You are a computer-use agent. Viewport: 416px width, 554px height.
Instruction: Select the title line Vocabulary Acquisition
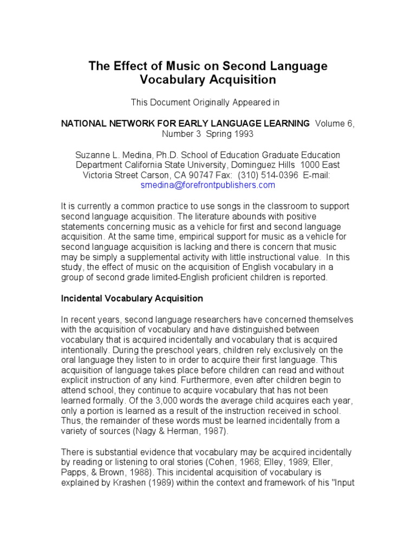tap(208, 80)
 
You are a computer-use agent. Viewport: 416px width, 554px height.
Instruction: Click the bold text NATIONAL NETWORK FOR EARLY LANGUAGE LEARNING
tap(185, 123)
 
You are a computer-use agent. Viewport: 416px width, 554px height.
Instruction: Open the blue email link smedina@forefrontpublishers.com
tap(207, 185)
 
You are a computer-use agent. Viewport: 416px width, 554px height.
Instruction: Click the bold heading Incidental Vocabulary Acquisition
tap(132, 298)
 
